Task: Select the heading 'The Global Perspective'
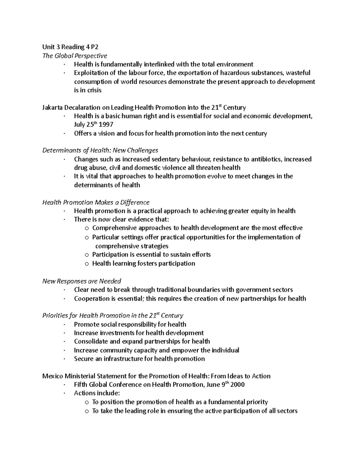coord(75,56)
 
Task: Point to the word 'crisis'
coord(94,90)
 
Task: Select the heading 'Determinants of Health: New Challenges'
coord(100,150)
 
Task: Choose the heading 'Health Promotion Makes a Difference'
coord(96,202)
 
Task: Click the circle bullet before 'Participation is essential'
coord(87,255)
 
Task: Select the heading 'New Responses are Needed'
coord(82,281)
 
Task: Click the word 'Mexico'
coord(52,376)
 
